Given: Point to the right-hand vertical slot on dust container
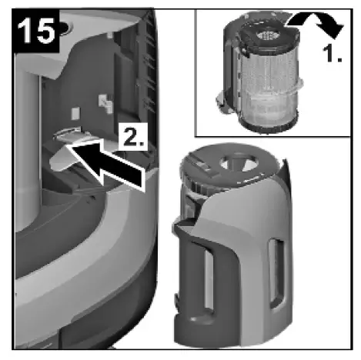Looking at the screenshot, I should click(275, 265).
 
